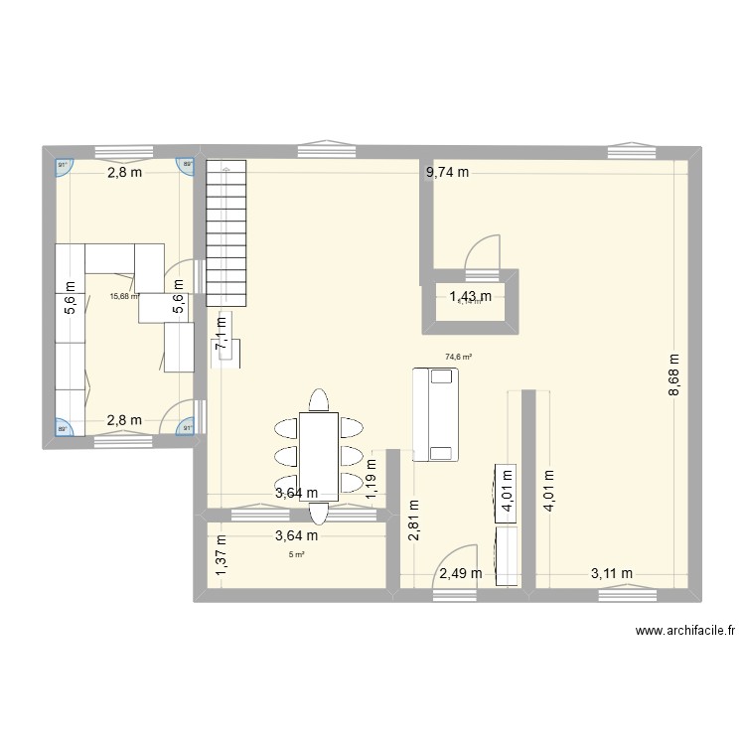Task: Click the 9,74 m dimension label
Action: click(447, 173)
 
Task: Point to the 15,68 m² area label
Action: click(124, 296)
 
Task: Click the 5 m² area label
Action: click(296, 554)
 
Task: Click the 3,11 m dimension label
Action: click(612, 572)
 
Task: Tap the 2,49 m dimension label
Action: click(461, 572)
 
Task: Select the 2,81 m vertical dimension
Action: click(412, 519)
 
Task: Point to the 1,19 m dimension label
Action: click(372, 476)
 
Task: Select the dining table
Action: click(319, 455)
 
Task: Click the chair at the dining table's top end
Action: click(319, 399)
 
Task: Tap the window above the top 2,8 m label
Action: click(123, 151)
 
